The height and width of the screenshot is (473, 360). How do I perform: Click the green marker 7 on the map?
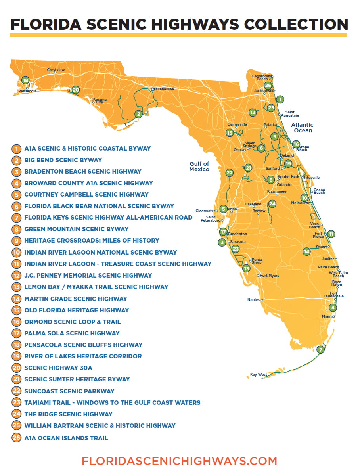(x=320, y=350)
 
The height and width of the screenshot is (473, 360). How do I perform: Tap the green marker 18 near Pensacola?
(x=25, y=80)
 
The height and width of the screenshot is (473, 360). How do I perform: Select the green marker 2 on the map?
(x=138, y=114)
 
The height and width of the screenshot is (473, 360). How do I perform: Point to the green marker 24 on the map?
(x=272, y=204)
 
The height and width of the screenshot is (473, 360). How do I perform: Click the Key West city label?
(x=259, y=374)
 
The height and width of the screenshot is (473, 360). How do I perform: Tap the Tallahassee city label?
(x=164, y=89)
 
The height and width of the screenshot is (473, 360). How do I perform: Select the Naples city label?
(x=253, y=300)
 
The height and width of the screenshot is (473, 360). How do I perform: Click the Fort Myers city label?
(x=269, y=276)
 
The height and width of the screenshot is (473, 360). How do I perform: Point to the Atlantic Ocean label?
(x=303, y=128)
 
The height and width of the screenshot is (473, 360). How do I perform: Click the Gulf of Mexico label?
(x=199, y=167)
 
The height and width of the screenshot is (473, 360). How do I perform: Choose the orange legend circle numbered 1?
(x=16, y=149)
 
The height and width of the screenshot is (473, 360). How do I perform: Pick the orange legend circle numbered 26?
(x=16, y=438)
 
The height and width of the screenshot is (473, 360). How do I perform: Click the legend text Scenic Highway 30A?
(x=58, y=368)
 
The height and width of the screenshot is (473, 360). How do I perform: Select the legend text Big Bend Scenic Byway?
(x=63, y=160)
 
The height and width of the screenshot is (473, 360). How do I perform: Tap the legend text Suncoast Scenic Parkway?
(x=69, y=391)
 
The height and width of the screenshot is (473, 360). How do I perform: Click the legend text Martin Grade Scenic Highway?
(x=76, y=299)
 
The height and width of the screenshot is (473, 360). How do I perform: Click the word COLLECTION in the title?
(x=296, y=24)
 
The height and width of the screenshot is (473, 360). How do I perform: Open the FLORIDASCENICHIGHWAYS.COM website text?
(x=179, y=461)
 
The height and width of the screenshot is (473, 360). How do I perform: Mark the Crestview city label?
(x=56, y=70)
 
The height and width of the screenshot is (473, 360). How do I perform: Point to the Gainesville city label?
(x=237, y=124)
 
